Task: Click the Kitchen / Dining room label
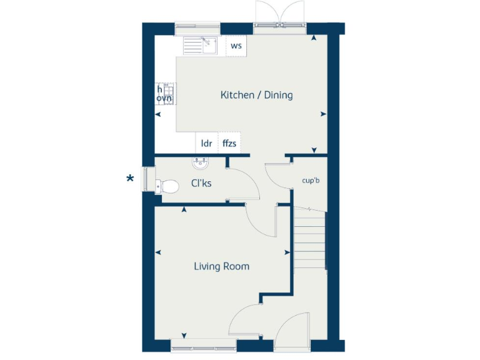(256, 96)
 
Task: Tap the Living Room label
(221, 267)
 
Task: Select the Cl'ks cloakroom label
(201, 184)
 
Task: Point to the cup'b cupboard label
(311, 181)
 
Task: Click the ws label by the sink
(236, 46)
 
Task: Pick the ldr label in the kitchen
(206, 143)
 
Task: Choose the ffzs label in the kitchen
(229, 143)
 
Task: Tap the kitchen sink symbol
(200, 45)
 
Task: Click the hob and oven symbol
(166, 94)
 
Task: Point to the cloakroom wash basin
(200, 164)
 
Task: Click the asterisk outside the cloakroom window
(130, 179)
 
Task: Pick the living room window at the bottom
(203, 342)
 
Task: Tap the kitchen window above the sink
(197, 28)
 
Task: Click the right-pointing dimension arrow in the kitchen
(323, 114)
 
